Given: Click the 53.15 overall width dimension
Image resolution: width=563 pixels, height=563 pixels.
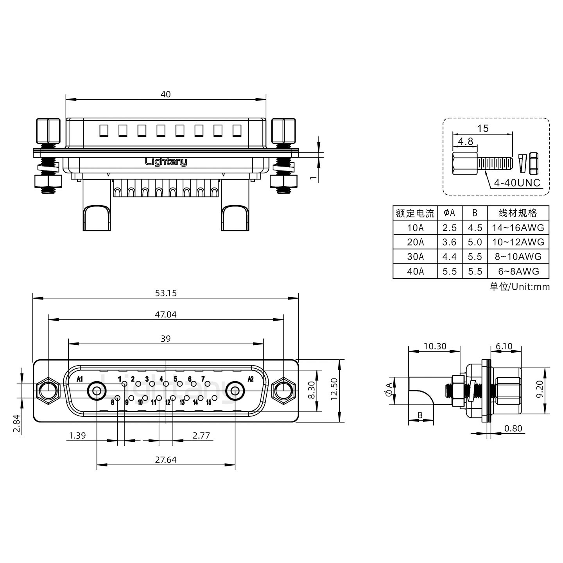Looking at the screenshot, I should pos(165,293).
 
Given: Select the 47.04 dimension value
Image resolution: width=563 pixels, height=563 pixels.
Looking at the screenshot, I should pos(165,315).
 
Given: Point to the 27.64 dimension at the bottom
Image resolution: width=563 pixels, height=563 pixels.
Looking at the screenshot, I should pos(165,460).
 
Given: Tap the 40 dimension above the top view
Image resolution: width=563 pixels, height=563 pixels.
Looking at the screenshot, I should pos(165,95).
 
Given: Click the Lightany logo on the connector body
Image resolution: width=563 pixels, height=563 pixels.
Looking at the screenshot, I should pos(166,161).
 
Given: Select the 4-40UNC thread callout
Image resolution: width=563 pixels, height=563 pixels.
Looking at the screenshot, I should pos(517,183).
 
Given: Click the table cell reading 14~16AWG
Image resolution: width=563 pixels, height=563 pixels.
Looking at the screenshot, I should pos(518,228).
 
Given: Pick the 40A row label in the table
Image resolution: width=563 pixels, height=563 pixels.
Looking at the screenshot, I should pos(415,271).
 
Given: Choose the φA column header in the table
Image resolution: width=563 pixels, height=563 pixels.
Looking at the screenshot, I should pos(449,213).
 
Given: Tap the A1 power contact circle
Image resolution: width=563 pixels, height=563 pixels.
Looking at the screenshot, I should pos(96,391).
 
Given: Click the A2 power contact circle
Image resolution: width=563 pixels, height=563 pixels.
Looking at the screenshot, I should pos(235,391).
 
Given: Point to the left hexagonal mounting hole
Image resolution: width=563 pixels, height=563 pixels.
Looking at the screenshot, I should pos(47,391).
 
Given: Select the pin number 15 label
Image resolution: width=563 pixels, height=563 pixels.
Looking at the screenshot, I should pos(209,402).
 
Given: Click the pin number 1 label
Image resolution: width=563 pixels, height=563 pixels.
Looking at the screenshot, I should pos(119,378).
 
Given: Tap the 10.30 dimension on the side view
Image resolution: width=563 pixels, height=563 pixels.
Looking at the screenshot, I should pos(435,346).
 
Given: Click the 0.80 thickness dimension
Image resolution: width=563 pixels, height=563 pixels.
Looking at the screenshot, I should pos(513,429).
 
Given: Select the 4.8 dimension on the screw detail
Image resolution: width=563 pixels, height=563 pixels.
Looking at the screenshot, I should pos(465,142).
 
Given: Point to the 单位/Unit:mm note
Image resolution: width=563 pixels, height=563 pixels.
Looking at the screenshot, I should pos(519,287).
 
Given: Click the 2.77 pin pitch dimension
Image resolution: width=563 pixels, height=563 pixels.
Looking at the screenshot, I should pos(201,435).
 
